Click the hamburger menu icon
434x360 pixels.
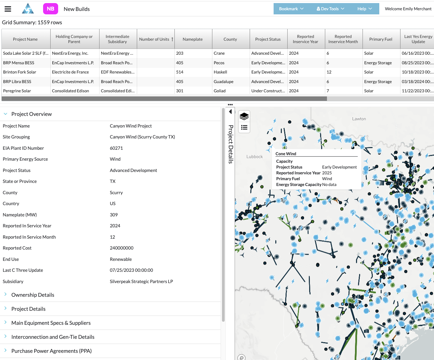pyautogui.click(x=8, y=9)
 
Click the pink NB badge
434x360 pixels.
pyautogui.click(x=50, y=9)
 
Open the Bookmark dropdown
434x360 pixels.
pyautogui.click(x=291, y=9)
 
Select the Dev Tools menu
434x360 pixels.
pyautogui.click(x=330, y=9)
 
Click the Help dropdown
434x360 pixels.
pyautogui.click(x=365, y=9)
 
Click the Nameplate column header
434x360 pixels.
pyautogui.click(x=193, y=39)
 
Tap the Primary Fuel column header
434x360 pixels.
pyautogui.click(x=381, y=39)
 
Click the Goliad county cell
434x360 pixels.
pyautogui.click(x=220, y=91)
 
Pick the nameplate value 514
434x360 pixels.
pyautogui.click(x=180, y=72)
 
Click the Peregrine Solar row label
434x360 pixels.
pyautogui.click(x=17, y=91)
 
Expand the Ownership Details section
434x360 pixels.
pyautogui.click(x=33, y=295)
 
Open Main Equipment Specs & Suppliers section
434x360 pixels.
pyautogui.click(x=51, y=323)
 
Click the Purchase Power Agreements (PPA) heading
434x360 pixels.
pyautogui.click(x=51, y=351)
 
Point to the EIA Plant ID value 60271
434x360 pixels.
pyautogui.click(x=116, y=148)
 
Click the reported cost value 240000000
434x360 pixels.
pyautogui.click(x=122, y=248)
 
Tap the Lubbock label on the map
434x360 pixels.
pyautogui.click(x=254, y=157)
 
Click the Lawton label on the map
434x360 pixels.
pyautogui.click(x=359, y=119)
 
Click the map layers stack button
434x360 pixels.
pyautogui.click(x=244, y=117)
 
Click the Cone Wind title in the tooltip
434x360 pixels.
pyautogui.click(x=286, y=154)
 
